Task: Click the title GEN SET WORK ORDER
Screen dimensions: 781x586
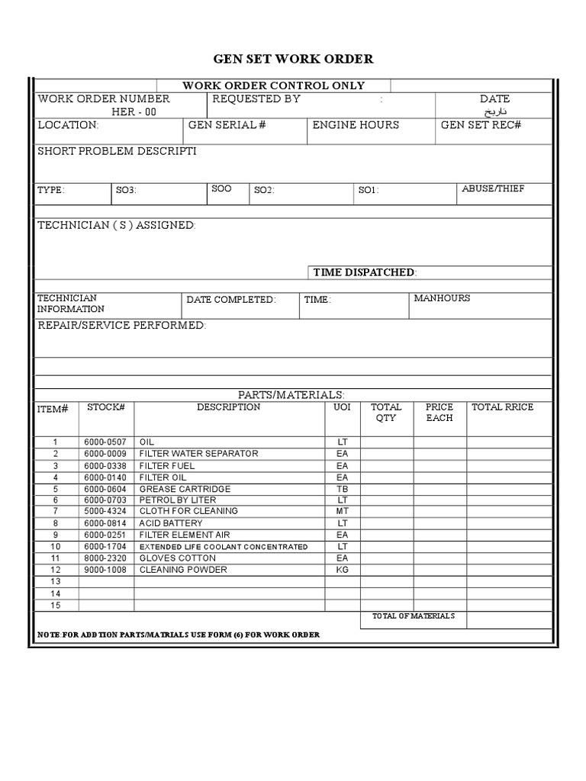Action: coord(293,59)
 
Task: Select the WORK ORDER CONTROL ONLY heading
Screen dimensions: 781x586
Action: coord(273,85)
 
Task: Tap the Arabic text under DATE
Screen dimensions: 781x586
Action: coord(494,111)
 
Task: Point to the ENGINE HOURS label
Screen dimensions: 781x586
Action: coord(356,125)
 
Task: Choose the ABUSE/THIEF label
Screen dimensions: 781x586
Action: coord(493,188)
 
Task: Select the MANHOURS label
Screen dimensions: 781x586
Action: coord(442,298)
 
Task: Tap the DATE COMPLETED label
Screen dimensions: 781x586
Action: coord(231,300)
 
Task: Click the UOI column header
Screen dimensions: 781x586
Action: coord(342,407)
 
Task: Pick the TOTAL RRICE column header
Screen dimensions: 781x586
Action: coord(503,407)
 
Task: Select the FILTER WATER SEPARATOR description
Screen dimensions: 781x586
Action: coord(198,454)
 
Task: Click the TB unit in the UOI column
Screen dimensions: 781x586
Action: coord(342,489)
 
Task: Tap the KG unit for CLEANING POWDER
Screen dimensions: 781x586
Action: coord(342,570)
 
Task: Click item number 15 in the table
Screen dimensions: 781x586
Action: coord(55,605)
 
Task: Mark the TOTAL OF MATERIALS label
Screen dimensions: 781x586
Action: coord(413,615)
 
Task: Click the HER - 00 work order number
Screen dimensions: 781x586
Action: coord(134,111)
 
